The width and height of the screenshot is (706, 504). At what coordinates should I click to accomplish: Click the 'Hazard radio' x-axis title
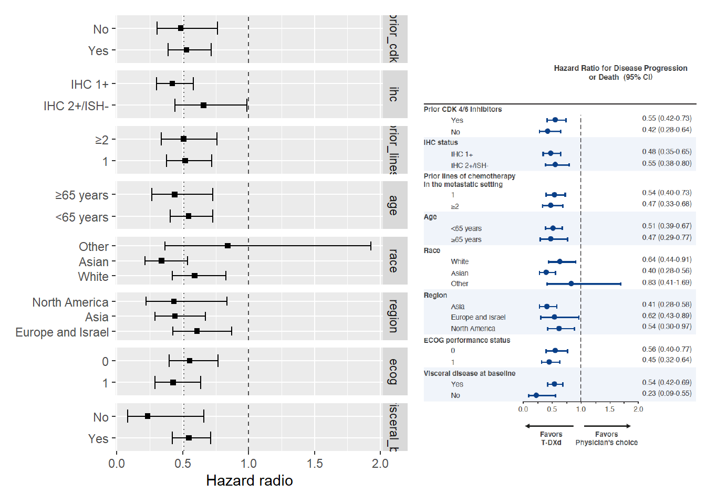click(x=249, y=480)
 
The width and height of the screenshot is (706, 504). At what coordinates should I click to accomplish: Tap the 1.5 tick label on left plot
click(x=315, y=464)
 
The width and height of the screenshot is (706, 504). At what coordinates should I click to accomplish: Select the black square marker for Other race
click(x=227, y=246)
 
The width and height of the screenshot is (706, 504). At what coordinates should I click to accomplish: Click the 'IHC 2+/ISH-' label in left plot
click(x=76, y=106)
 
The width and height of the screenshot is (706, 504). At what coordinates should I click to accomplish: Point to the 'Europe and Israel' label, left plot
click(x=62, y=332)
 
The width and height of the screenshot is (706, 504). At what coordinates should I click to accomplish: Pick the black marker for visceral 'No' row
click(x=148, y=416)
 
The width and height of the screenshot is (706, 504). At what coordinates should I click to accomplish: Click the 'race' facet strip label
click(x=393, y=260)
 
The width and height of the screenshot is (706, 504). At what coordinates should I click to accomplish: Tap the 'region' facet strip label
click(x=393, y=316)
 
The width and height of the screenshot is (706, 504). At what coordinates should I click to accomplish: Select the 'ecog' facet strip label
click(x=393, y=371)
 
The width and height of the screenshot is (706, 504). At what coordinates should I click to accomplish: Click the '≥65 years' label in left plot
click(x=81, y=195)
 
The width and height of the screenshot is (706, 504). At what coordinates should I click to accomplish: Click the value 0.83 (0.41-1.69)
click(x=666, y=282)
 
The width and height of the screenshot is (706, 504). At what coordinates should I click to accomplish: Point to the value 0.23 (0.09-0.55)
click(x=666, y=393)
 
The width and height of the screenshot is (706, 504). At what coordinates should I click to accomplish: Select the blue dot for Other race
click(x=571, y=283)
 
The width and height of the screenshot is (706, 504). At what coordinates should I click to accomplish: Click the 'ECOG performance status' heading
click(x=467, y=340)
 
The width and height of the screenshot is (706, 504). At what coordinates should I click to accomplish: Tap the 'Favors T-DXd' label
click(x=551, y=438)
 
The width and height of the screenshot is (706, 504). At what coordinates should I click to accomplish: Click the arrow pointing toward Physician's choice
click(x=607, y=426)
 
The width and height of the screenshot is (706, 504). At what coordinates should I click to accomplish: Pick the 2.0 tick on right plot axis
click(x=638, y=409)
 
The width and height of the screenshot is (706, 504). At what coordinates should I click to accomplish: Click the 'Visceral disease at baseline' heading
click(x=470, y=373)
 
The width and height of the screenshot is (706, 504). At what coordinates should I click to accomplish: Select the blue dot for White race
click(x=559, y=261)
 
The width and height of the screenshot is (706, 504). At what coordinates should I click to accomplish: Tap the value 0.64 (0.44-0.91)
click(x=666, y=259)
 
